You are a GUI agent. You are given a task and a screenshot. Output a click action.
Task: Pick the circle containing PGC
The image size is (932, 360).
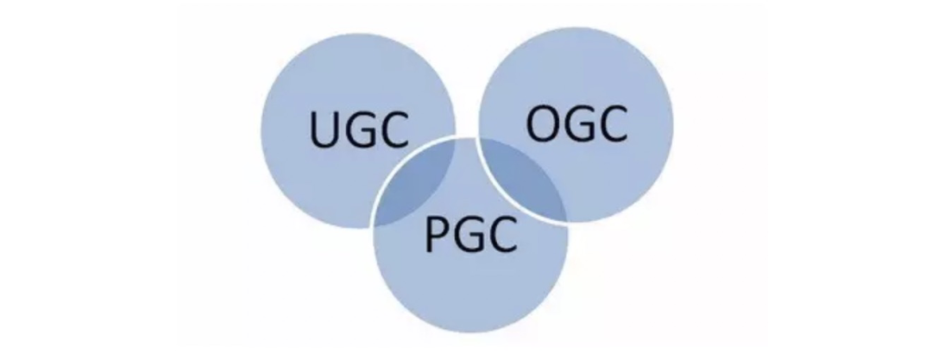tap(471, 285)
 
